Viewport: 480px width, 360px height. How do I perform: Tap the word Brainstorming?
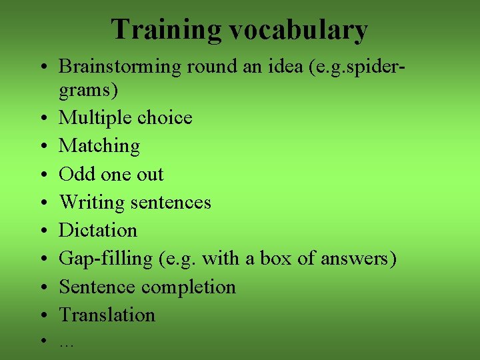pos(120,67)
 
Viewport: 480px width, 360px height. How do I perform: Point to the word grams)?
pos(87,89)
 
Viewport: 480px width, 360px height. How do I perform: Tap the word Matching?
pos(99,146)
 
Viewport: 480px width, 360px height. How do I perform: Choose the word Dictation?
pos(98,231)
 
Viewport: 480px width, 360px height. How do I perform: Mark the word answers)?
pos(359,259)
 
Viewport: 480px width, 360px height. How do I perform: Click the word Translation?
pos(107,315)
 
